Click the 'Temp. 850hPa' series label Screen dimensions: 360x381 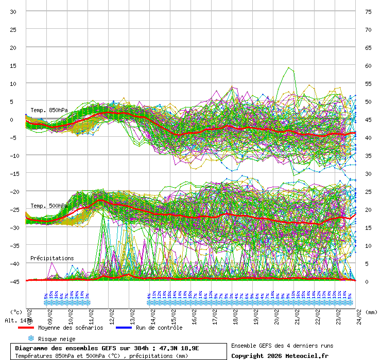pos(49,110)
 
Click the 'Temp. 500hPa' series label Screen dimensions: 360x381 pos(49,206)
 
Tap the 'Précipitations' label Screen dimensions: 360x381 pos(52,258)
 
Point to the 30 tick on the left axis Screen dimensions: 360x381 pos(13,11)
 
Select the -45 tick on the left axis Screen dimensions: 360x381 pos(12,281)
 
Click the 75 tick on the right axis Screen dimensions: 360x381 pos(368,11)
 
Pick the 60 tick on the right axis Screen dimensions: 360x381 pos(368,65)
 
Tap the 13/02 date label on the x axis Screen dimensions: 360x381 pos(133,314)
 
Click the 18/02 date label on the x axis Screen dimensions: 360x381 pos(236,314)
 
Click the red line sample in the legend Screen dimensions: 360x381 pos(26,328)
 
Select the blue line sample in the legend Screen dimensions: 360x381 pos(124,328)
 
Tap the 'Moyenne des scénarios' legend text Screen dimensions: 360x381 pos(71,328)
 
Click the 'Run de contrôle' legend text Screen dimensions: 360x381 pos(159,328)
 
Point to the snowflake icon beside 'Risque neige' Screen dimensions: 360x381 pos(31,338)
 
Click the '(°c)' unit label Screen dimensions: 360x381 pos(16,312)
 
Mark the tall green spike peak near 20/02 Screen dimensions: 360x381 pos(289,67)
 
